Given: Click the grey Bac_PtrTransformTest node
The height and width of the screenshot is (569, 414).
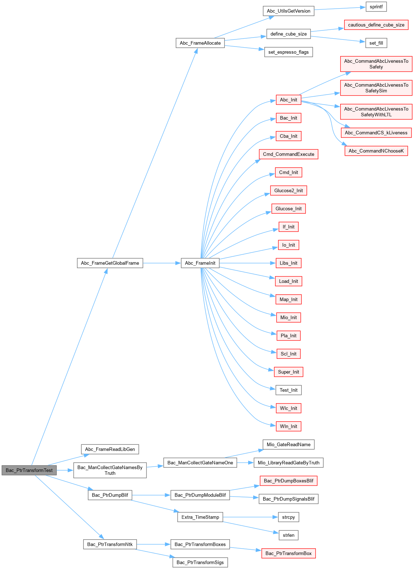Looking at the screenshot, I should click(29, 470).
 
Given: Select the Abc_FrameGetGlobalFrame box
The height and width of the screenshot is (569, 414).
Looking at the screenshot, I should click(110, 263).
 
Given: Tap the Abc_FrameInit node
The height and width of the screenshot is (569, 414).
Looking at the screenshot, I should click(200, 263).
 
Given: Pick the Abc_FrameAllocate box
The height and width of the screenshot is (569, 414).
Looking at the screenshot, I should click(200, 43).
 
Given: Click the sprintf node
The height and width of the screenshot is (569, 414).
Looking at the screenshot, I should click(376, 7).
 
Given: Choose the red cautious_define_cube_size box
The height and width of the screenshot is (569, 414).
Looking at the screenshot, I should click(376, 25).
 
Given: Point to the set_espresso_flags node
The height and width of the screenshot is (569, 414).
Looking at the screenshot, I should click(288, 52).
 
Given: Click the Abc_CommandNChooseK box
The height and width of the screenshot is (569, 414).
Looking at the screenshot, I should click(376, 151).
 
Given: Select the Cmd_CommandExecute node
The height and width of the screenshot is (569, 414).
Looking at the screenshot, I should click(288, 154).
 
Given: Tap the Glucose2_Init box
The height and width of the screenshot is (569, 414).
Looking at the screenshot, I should click(288, 191).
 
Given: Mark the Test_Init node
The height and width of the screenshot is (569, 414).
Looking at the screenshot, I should click(288, 390).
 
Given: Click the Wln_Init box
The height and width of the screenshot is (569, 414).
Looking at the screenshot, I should click(288, 426).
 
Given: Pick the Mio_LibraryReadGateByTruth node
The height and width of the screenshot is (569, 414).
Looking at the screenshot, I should click(288, 463).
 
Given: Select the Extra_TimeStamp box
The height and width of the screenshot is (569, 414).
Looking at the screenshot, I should click(200, 517).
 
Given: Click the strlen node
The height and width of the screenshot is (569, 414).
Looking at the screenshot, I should click(288, 535).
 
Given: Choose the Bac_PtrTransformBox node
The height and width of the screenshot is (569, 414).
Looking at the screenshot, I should click(288, 553).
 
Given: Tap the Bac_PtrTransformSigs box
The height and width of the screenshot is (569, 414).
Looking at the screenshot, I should click(200, 562).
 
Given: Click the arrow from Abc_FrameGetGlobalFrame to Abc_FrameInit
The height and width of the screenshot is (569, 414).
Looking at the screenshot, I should click(161, 263).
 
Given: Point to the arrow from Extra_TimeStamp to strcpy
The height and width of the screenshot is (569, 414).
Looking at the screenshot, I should click(251, 517).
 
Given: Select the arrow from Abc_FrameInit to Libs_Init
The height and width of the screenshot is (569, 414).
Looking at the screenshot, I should click(247, 263).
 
